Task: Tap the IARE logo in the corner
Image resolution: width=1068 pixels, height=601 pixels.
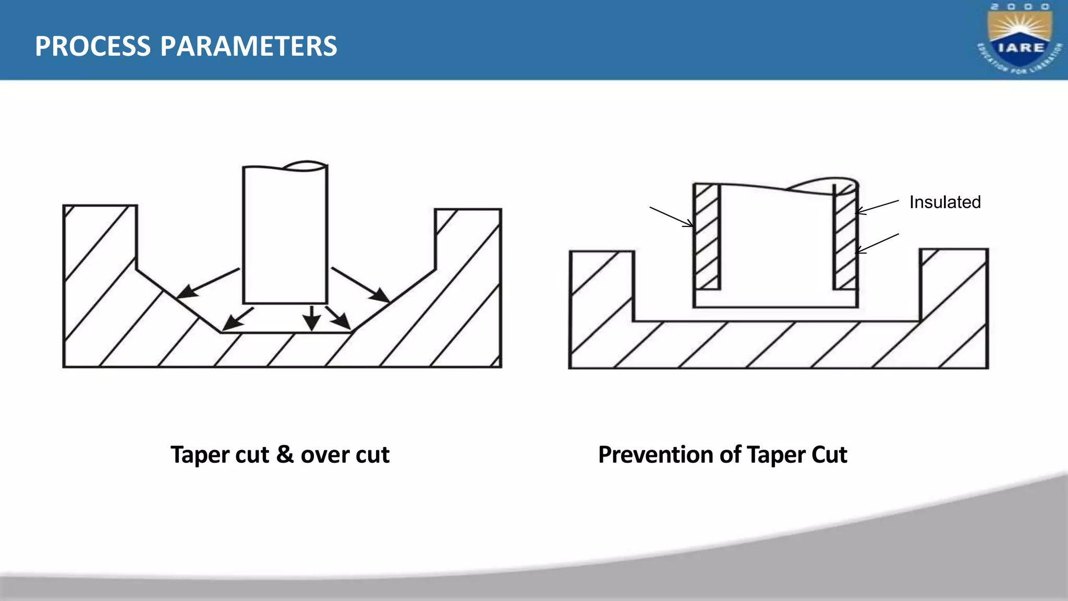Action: tap(1020, 40)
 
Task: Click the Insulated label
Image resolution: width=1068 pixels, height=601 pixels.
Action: tap(944, 202)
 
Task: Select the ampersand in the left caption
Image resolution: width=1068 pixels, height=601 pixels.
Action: tap(285, 454)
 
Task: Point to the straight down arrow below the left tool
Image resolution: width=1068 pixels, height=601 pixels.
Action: tap(312, 318)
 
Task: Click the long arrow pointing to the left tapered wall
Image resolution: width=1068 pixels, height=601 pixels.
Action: tap(209, 283)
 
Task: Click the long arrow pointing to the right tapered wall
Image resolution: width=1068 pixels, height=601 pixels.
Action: tap(360, 284)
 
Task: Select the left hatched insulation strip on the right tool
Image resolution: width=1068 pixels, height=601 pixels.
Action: tap(707, 237)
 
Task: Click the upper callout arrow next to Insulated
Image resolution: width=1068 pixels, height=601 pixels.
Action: tap(877, 207)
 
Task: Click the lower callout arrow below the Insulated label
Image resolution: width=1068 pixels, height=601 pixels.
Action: tap(877, 244)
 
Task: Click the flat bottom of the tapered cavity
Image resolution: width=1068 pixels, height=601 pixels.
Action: tap(286, 332)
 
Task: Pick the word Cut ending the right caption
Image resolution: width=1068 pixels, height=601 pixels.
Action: tap(829, 454)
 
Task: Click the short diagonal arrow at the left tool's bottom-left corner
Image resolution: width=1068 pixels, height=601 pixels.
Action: tap(238, 319)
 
